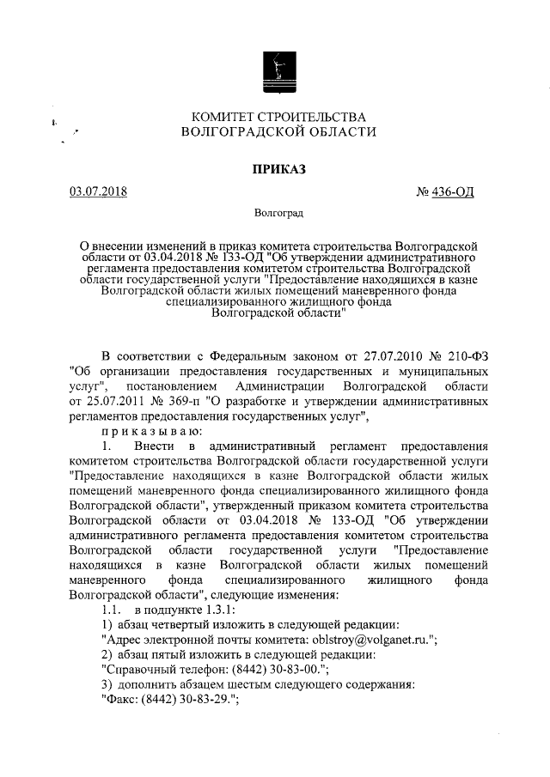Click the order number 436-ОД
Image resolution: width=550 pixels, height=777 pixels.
coord(455,191)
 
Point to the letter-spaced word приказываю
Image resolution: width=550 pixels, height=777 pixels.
coord(152,430)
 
